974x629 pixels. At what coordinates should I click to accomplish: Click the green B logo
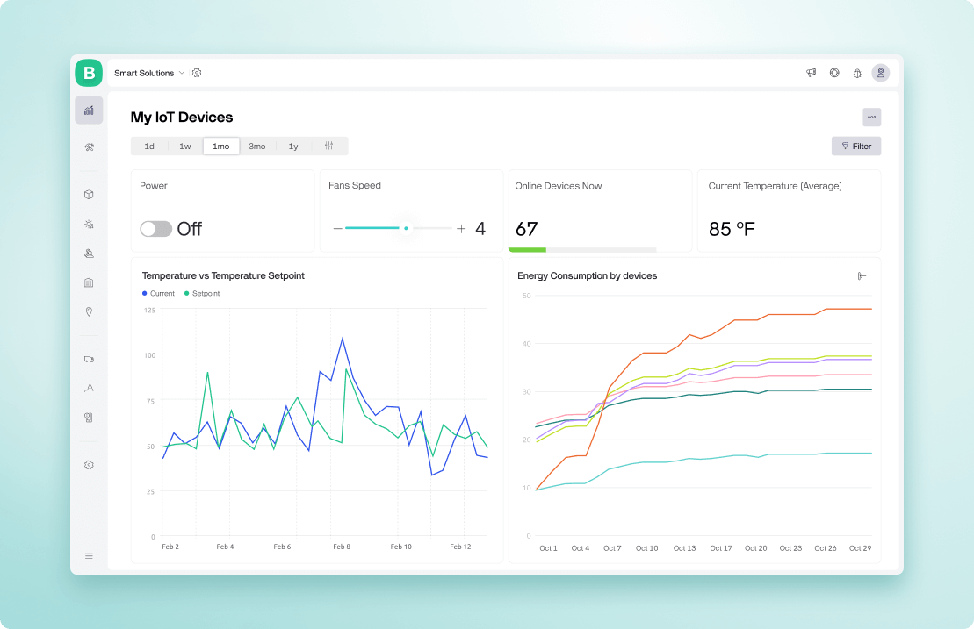[x=89, y=73]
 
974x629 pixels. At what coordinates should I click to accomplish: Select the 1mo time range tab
[x=220, y=147]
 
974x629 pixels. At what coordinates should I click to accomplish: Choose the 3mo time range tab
[x=256, y=147]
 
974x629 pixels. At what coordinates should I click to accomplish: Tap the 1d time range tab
[x=149, y=147]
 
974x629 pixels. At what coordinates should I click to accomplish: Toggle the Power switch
[x=155, y=229]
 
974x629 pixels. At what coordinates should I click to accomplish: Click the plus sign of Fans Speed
[x=461, y=229]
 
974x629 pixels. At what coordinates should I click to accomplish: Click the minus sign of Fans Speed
[x=337, y=229]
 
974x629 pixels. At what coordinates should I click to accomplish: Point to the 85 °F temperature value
[x=732, y=230]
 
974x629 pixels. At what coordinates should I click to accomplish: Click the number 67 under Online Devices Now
[x=526, y=230]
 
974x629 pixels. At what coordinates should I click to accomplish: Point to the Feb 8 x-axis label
[x=342, y=547]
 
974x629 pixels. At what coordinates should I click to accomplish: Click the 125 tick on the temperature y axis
[x=148, y=310]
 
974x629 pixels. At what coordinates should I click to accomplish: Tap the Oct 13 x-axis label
[x=684, y=548]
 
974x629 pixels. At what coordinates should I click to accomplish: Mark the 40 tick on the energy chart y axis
[x=526, y=344]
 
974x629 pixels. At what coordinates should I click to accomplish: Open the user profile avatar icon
[x=880, y=73]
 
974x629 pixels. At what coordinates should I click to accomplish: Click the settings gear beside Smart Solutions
[x=197, y=73]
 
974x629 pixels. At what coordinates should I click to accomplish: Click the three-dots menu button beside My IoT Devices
[x=871, y=117]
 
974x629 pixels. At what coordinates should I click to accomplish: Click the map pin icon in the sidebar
[x=89, y=311]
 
